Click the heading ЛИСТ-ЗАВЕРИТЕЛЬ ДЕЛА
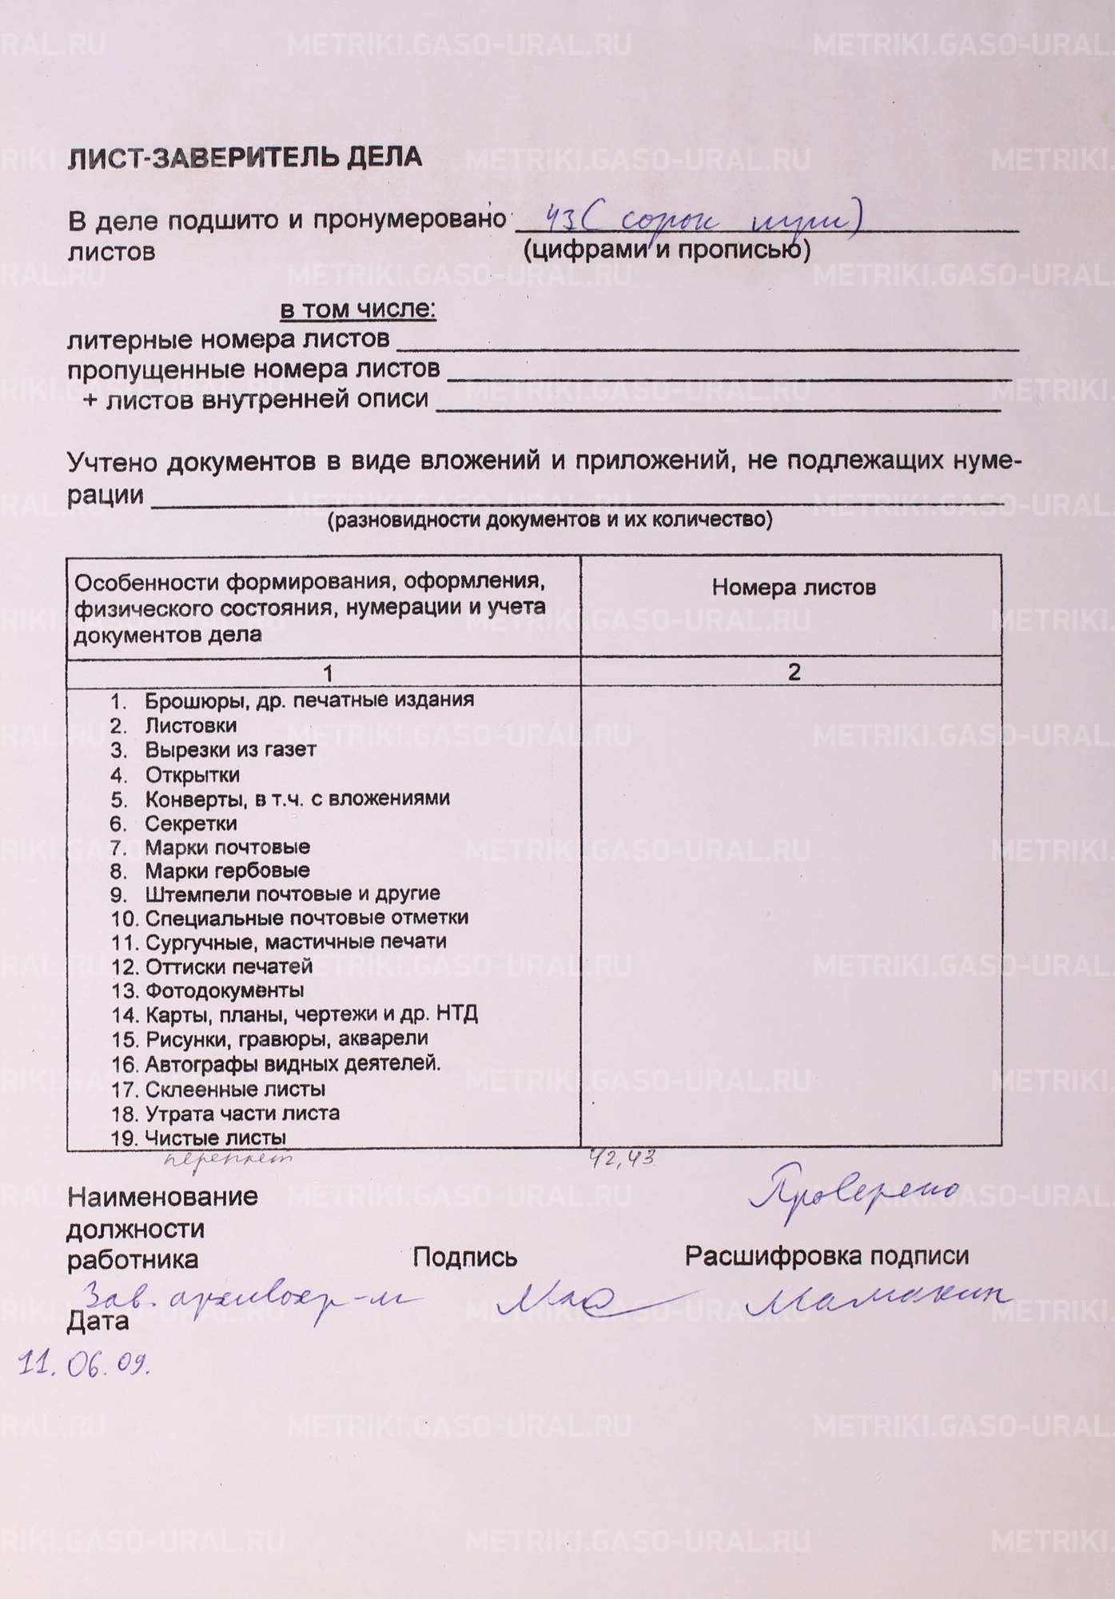pos(245,157)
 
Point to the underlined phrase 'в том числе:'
pos(357,309)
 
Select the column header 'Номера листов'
pos(793,588)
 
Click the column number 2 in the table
pos(793,672)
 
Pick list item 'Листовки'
pos(190,726)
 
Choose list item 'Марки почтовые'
pos(227,847)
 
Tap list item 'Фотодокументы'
pos(224,991)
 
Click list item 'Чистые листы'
pos(215,1138)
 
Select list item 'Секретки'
pos(190,823)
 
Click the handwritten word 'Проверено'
pos(854,1194)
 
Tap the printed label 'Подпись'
pos(464,1258)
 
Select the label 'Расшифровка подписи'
pos(826,1256)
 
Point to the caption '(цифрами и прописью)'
pos(667,250)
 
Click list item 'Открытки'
pos(192,775)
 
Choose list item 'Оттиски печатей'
pos(228,967)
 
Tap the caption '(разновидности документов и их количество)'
pos(550,520)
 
